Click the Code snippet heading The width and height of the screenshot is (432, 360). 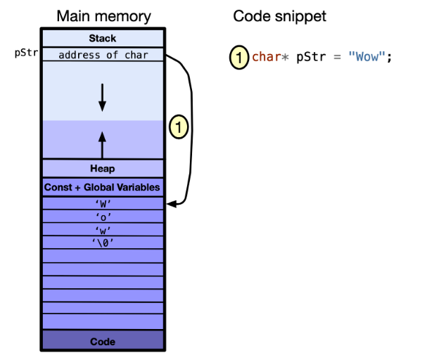click(x=279, y=15)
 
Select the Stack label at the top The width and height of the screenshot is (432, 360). click(x=103, y=38)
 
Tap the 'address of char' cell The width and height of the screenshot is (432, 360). click(x=103, y=54)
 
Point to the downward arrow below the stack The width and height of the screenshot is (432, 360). click(x=103, y=96)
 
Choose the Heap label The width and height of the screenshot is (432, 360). click(x=103, y=169)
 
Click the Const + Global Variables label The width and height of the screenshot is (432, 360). click(x=103, y=187)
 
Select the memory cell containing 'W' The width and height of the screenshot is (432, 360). click(x=103, y=204)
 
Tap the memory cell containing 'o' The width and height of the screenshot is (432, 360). click(x=103, y=217)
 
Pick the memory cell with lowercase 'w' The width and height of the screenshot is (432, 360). click(x=103, y=230)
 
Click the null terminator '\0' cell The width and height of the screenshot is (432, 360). click(x=103, y=243)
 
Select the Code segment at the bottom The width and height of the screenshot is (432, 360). click(x=103, y=342)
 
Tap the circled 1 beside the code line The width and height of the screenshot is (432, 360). click(x=240, y=57)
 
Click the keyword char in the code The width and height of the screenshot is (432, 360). click(x=267, y=57)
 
